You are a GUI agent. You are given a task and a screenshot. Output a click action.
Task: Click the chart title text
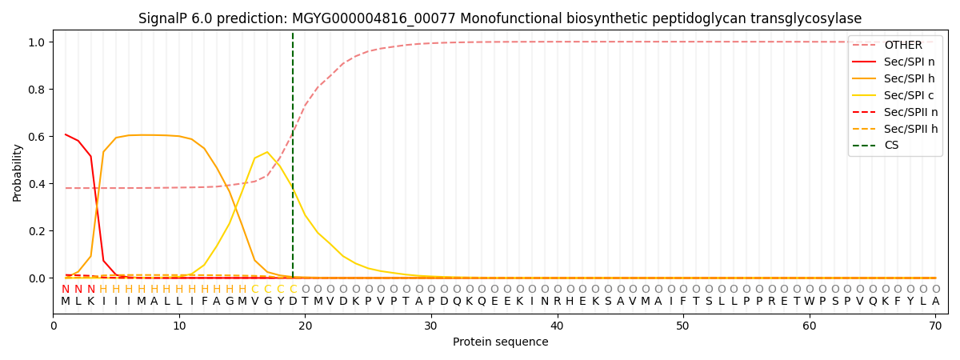500,18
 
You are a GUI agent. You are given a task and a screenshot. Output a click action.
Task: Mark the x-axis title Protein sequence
500,342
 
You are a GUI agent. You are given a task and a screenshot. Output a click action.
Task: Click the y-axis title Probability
18,172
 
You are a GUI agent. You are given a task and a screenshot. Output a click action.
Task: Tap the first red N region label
66,290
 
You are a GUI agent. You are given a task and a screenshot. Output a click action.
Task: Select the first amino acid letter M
66,302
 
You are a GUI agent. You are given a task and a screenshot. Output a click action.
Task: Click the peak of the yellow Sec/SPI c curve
267,152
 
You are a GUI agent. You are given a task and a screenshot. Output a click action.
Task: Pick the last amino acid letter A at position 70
935,302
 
